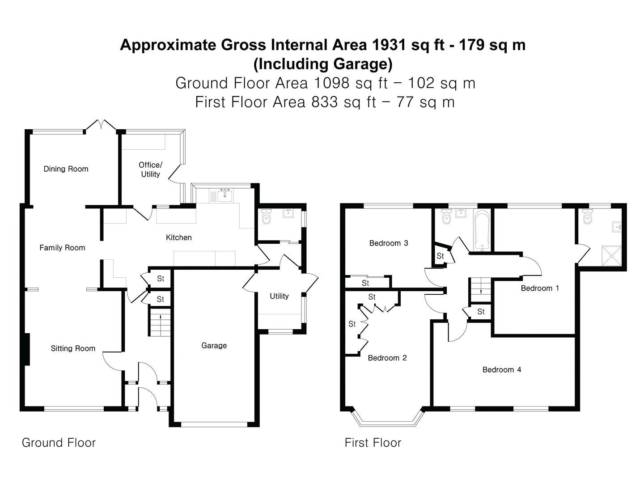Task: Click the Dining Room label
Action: point(66,169)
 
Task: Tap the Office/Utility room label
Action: point(150,169)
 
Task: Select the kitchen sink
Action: point(225,195)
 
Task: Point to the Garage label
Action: point(214,345)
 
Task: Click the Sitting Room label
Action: point(73,348)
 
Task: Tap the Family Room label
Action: point(62,248)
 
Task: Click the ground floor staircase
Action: point(160,322)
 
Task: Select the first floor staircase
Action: point(481,290)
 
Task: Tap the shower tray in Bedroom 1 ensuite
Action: point(611,256)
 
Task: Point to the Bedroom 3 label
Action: point(389,243)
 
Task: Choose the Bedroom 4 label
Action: point(502,370)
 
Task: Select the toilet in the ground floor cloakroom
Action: point(266,216)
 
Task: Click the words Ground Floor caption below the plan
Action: point(59,443)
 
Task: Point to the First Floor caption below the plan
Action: point(373,443)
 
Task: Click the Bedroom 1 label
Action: point(540,288)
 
